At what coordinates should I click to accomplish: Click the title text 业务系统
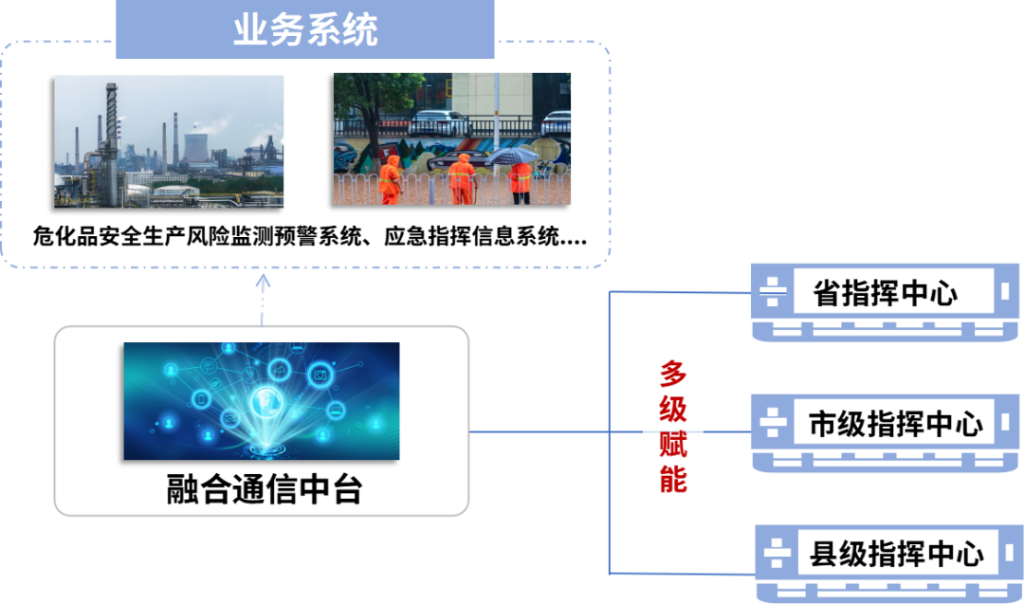point(305,30)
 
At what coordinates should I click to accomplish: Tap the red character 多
point(673,374)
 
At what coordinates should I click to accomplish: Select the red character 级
point(673,409)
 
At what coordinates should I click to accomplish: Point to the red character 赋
point(673,444)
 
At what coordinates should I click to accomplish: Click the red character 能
point(673,479)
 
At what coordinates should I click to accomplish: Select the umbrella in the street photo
point(513,155)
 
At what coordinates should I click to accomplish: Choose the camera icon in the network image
point(320,375)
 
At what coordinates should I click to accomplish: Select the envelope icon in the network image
point(229,416)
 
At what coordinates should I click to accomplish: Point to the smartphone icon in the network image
point(200,397)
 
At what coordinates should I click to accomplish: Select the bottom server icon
point(888,562)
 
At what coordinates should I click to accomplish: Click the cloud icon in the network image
point(279,369)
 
